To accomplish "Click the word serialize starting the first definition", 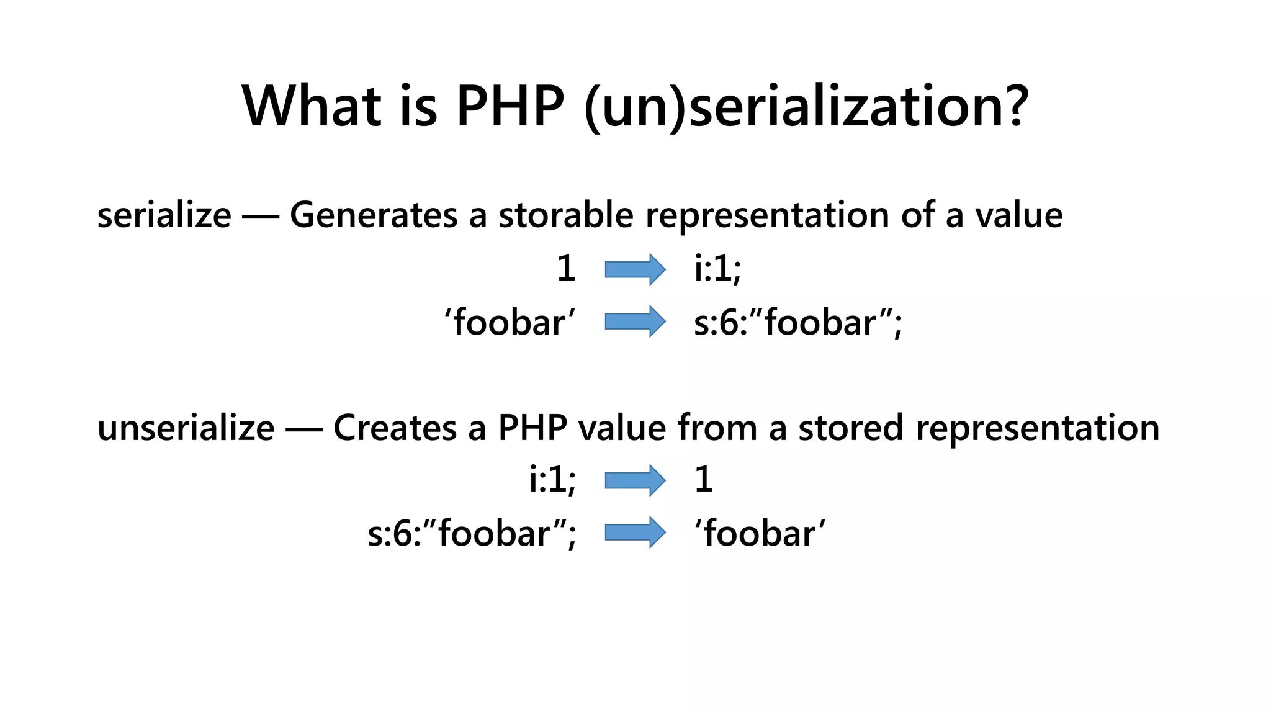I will click(164, 215).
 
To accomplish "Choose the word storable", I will click(566, 215).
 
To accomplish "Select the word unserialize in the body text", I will click(186, 428).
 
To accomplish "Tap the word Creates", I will click(395, 428).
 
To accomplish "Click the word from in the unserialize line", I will click(717, 428).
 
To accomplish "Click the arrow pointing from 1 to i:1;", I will click(635, 269).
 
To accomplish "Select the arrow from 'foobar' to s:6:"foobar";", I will click(635, 322).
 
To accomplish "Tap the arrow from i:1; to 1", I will click(635, 480).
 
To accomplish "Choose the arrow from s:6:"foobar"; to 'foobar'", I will click(635, 533).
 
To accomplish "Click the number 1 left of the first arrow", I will click(565, 269).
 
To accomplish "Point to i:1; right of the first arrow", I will click(717, 269).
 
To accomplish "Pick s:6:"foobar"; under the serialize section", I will click(797, 323).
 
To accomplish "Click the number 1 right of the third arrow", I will click(703, 480).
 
